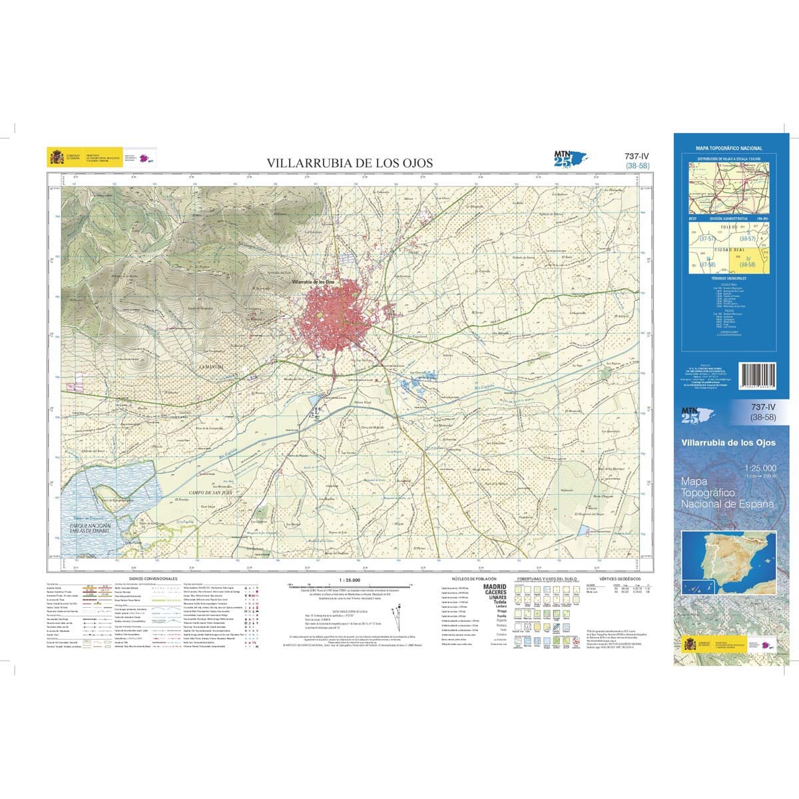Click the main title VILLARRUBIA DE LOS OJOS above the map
click(x=350, y=162)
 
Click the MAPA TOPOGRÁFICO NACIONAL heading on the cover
click(x=728, y=148)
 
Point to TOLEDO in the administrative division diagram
click(x=729, y=227)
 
